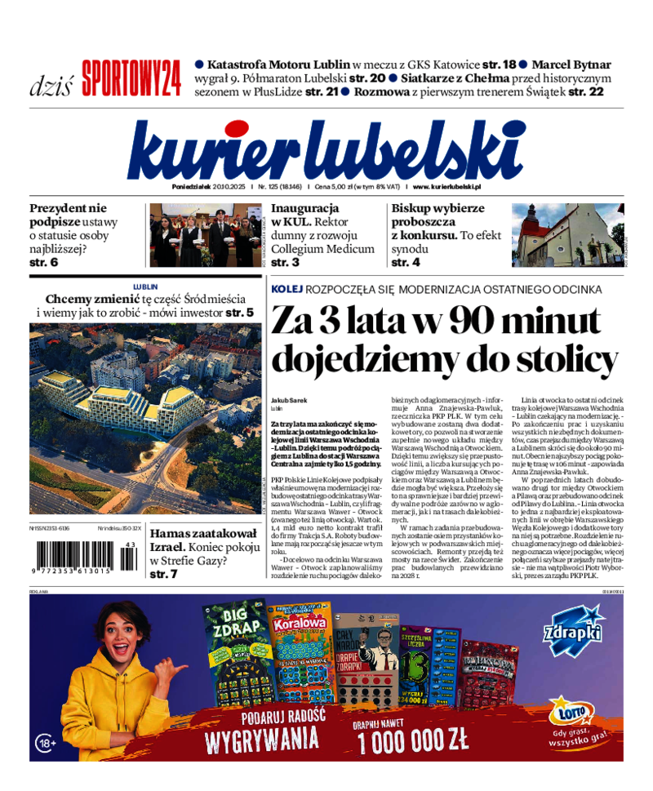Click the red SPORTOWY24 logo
point(131,78)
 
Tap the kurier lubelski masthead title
point(326,150)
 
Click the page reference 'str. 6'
point(44,263)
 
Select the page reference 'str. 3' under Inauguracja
point(285,263)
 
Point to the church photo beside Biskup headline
point(567,235)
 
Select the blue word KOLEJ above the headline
point(287,290)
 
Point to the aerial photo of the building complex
point(145,418)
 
